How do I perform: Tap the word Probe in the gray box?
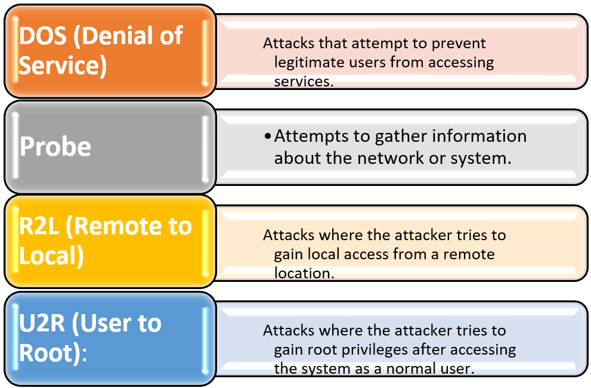(55, 147)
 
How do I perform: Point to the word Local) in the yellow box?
(51, 255)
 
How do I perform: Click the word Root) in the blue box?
(49, 352)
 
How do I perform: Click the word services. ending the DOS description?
(304, 80)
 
